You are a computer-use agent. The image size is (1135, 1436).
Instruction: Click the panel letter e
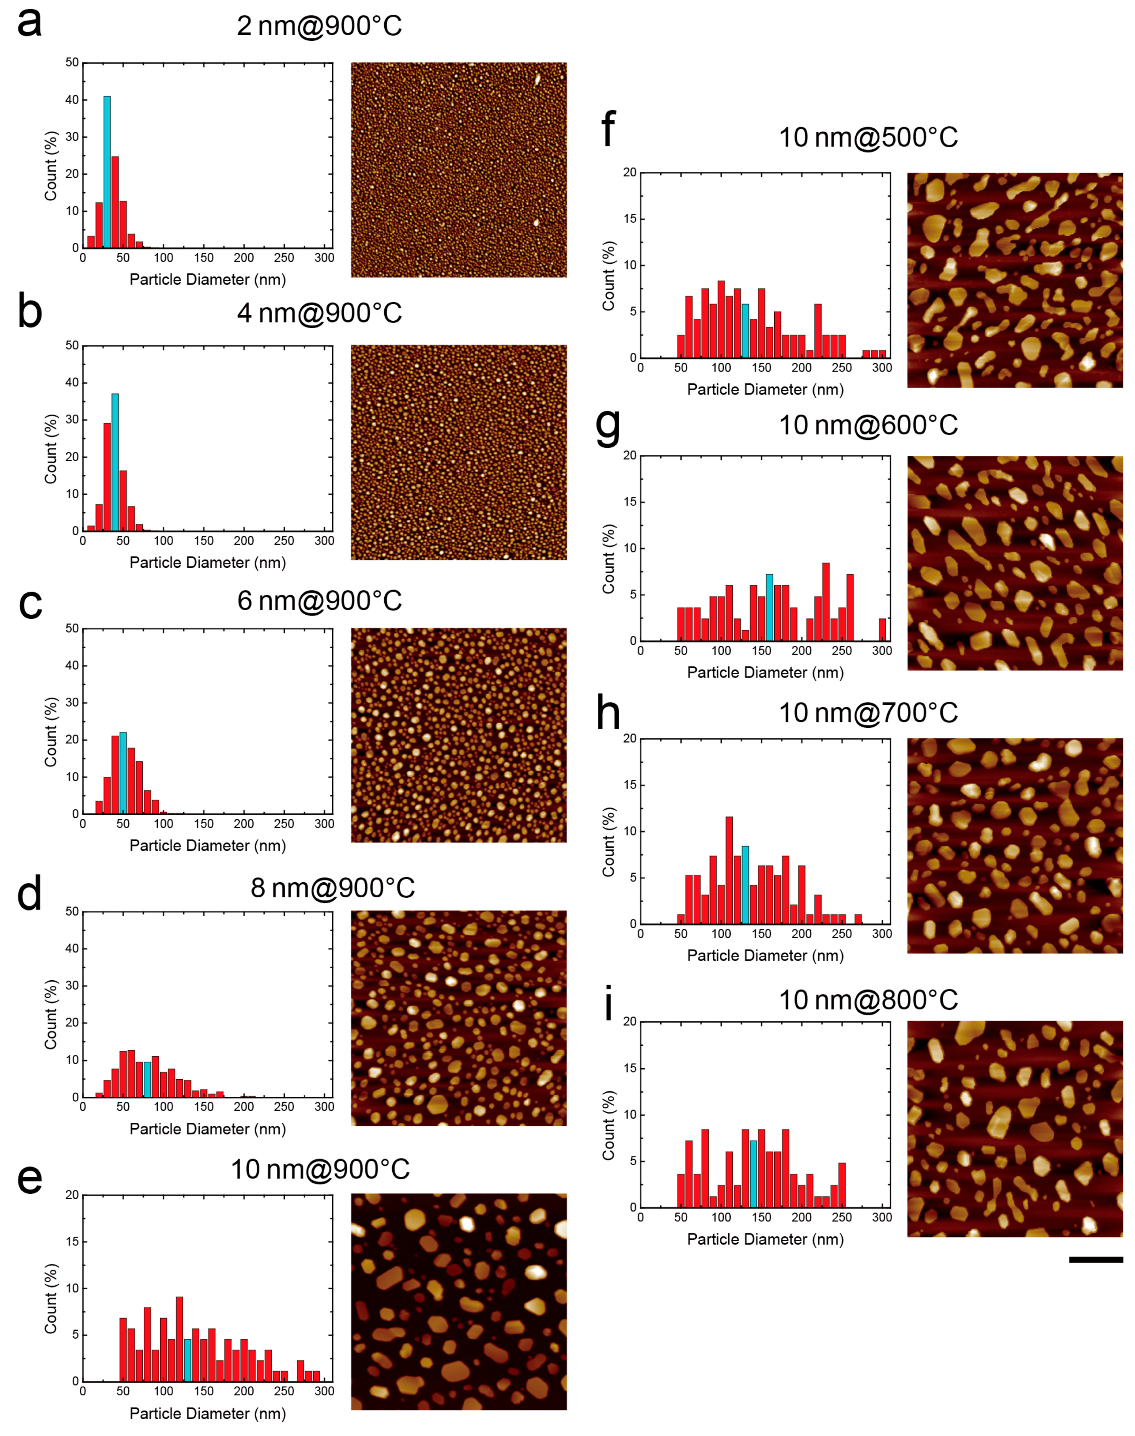pos(30,1178)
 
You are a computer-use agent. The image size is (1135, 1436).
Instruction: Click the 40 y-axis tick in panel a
pos(72,100)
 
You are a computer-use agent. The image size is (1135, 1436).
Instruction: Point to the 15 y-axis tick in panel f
pos(629,218)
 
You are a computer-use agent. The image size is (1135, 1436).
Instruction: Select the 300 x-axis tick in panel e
pos(324,1390)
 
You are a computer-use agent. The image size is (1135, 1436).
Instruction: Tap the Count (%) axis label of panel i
pos(608,1125)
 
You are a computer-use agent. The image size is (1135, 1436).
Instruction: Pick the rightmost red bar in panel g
pos(882,630)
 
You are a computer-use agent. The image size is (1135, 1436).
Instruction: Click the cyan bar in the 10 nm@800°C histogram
pos(754,1174)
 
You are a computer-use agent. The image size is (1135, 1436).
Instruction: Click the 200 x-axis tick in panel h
pos(802,933)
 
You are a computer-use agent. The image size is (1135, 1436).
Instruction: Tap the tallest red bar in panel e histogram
pos(180,1338)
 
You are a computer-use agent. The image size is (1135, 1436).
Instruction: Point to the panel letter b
pos(30,313)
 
